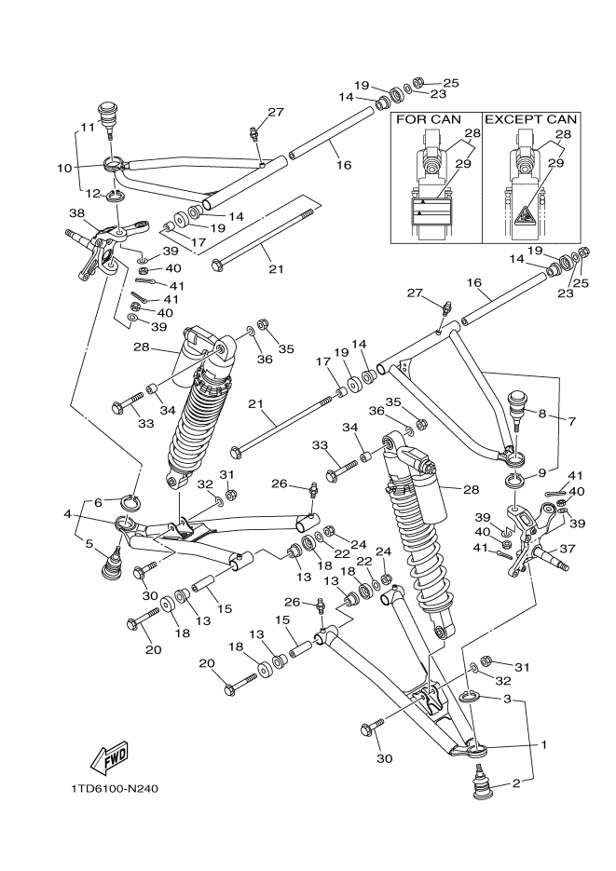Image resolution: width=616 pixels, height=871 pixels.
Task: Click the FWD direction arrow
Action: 109,756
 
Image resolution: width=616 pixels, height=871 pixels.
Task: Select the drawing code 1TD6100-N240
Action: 115,788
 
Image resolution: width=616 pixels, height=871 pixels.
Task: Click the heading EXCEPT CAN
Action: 532,119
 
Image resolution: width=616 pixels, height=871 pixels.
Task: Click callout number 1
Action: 543,745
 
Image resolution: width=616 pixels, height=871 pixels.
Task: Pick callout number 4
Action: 68,513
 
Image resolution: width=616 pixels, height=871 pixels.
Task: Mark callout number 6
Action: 98,502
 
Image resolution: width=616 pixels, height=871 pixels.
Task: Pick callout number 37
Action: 566,549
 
